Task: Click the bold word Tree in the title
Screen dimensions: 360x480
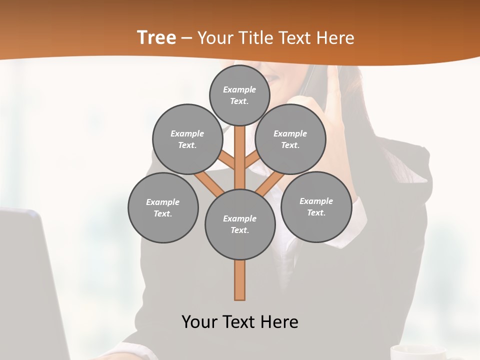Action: point(156,38)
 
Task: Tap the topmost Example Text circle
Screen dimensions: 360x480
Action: point(239,95)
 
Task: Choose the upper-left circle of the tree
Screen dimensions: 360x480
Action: point(187,139)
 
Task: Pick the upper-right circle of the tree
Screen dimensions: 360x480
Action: point(290,139)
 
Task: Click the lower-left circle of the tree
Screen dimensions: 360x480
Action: point(163,207)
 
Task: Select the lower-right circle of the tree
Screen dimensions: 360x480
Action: point(316,206)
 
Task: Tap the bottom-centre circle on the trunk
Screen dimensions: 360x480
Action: point(240,224)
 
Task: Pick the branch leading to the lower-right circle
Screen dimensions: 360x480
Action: point(270,184)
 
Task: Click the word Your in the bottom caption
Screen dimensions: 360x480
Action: point(199,322)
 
